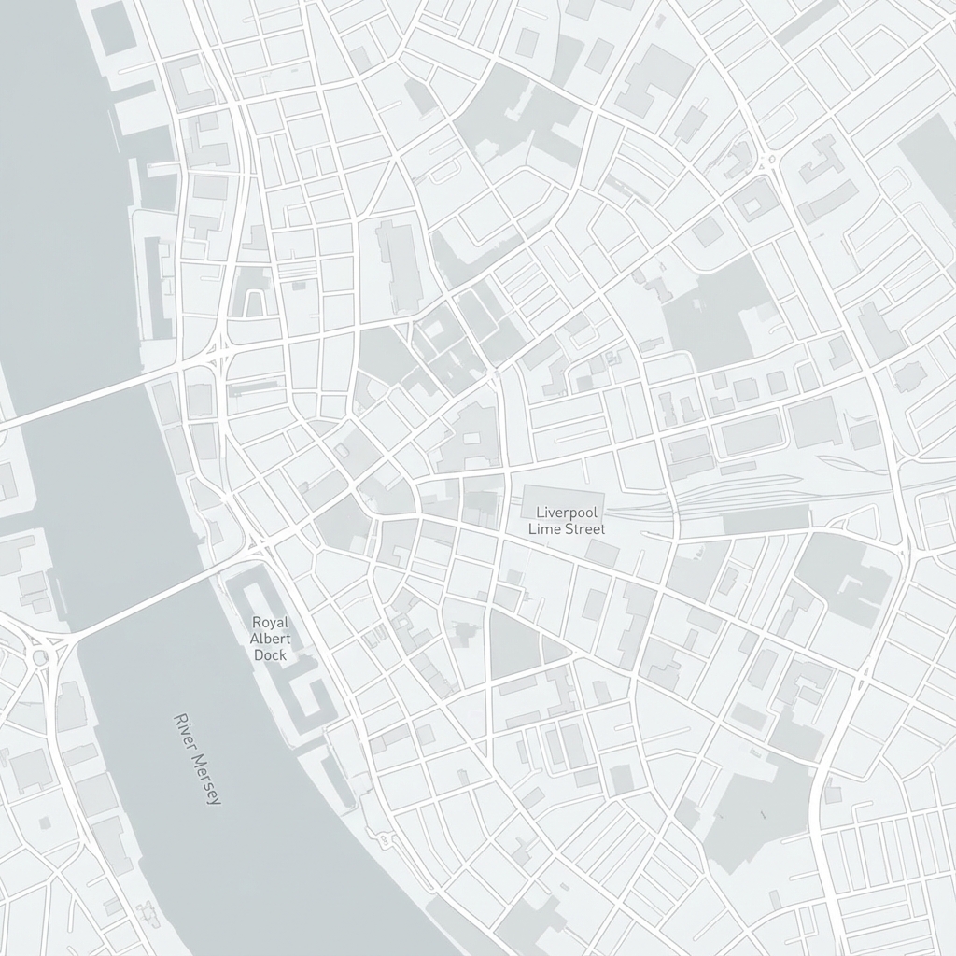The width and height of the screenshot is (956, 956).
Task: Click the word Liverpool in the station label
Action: [x=567, y=513]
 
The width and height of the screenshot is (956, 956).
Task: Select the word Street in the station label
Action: [x=583, y=529]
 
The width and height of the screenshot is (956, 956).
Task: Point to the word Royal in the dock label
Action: [x=271, y=623]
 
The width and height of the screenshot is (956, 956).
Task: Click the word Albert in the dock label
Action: [x=271, y=639]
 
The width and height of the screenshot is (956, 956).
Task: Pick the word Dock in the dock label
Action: [x=271, y=654]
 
